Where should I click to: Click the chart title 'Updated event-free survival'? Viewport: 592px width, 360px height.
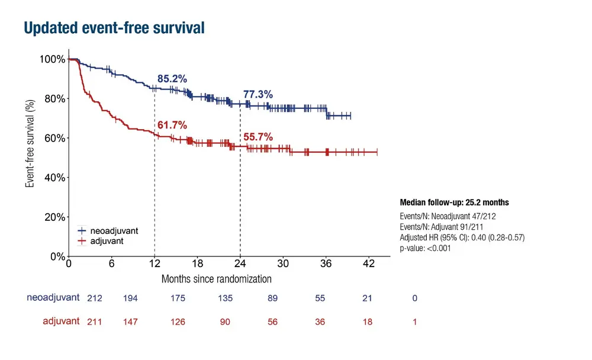pos(114,27)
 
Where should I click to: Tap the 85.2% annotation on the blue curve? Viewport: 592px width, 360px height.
pos(172,79)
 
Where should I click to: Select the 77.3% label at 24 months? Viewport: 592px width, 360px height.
pos(258,94)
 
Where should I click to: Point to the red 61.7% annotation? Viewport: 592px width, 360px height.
pos(172,125)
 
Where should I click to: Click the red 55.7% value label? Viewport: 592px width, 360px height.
pos(258,137)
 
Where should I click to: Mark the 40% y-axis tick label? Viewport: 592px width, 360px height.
pos(54,178)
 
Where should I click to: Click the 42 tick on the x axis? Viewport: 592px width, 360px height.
pos(368,264)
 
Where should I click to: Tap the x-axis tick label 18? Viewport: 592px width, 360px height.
pos(197,264)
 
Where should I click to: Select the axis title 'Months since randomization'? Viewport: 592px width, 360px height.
pos(217,278)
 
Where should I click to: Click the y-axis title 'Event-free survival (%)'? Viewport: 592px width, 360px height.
pos(30,143)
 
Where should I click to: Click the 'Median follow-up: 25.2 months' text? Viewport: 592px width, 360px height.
pos(454,202)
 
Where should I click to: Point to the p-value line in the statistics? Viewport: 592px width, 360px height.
pos(425,249)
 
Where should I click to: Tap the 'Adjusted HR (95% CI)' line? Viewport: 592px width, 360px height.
pos(462,237)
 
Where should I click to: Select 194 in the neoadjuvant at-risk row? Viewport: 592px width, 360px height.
pos(130,298)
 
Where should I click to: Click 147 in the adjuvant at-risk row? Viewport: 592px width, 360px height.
pos(130,322)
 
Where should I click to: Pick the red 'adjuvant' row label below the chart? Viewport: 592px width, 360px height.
pos(61,322)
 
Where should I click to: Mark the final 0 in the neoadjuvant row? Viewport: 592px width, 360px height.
pos(414,298)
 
